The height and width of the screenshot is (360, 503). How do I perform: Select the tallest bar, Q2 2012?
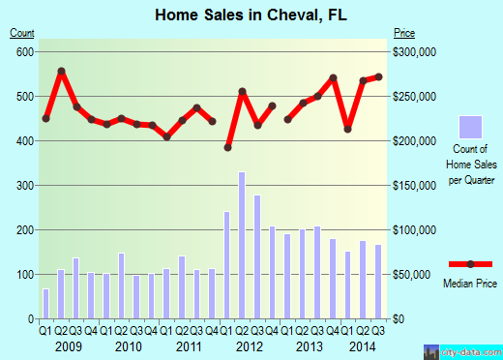(242, 246)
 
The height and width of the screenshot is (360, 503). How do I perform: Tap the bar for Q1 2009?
(45, 304)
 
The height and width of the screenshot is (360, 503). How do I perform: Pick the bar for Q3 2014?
(377, 282)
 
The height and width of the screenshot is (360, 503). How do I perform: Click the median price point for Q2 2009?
(61, 71)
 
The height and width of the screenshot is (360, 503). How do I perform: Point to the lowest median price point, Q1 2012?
(227, 147)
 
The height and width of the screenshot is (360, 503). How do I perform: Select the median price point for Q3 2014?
(377, 76)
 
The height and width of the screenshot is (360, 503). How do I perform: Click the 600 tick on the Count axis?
(21, 51)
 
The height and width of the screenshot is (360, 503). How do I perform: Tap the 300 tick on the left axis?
(21, 185)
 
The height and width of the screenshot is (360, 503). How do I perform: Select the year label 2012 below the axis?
(250, 346)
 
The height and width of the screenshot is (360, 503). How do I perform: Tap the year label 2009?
(69, 346)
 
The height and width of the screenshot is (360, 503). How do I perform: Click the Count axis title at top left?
(21, 33)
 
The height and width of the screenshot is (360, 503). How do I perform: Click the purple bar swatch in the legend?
(470, 128)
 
